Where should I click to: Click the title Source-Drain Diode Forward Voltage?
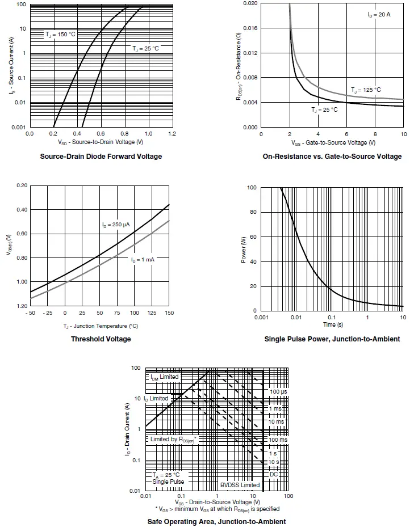tap(101, 157)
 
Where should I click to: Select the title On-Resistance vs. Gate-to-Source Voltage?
tap(332, 157)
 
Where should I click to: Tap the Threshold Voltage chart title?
tap(101, 339)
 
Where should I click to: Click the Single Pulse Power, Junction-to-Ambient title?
tap(332, 339)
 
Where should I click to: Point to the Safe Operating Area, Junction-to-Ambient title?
tap(216, 521)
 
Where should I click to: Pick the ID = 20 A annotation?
tap(379, 14)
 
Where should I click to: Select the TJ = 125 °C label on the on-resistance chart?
tap(366, 90)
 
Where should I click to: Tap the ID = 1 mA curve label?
tap(143, 259)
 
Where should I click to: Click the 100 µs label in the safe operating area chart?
tap(278, 392)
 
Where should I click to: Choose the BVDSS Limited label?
tap(240, 485)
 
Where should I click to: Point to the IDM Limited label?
tap(164, 377)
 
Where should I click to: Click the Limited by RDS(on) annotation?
tap(173, 440)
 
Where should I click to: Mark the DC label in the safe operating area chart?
tap(274, 474)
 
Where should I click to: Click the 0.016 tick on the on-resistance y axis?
tap(250, 28)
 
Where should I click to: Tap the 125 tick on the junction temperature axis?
tap(152, 313)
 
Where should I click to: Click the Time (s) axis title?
tap(333, 325)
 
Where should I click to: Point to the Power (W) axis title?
tap(244, 249)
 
